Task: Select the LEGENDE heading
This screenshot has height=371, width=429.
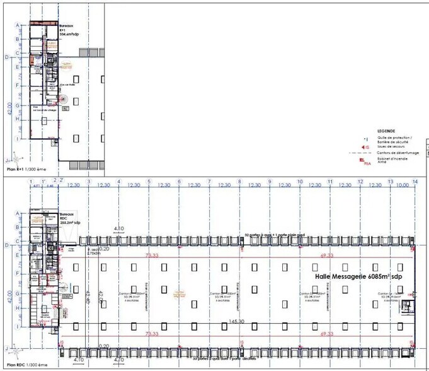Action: pos(367,131)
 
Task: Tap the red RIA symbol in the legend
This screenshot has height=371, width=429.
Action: pos(362,161)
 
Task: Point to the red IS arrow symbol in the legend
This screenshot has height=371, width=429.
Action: pos(363,146)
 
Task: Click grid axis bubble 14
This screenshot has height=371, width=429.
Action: pos(415,182)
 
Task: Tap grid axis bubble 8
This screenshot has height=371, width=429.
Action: pos(239,182)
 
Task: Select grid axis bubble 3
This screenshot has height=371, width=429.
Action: pos(88,182)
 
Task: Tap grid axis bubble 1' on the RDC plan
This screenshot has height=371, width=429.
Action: pos(43,182)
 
